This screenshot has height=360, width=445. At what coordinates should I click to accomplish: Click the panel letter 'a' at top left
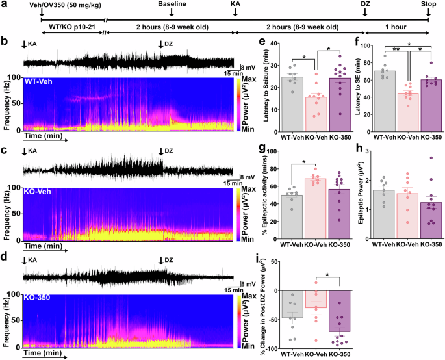(5, 5)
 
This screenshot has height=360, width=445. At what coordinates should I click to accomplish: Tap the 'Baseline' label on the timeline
(171, 4)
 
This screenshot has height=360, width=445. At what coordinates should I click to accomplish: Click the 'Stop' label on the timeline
(429, 4)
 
